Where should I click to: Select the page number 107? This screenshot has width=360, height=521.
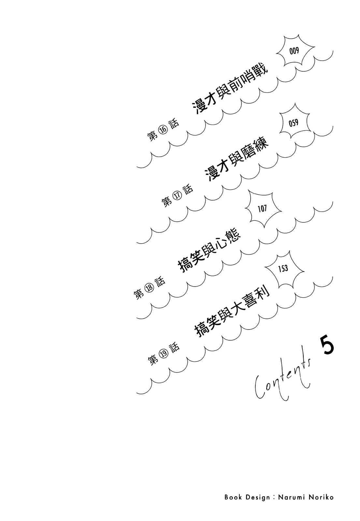point(262,208)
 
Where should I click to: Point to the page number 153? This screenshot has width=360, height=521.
point(283,269)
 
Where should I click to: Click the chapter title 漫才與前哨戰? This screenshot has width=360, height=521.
point(230,91)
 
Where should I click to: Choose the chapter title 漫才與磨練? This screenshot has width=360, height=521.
point(237,162)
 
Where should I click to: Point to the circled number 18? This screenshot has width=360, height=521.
point(149,288)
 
